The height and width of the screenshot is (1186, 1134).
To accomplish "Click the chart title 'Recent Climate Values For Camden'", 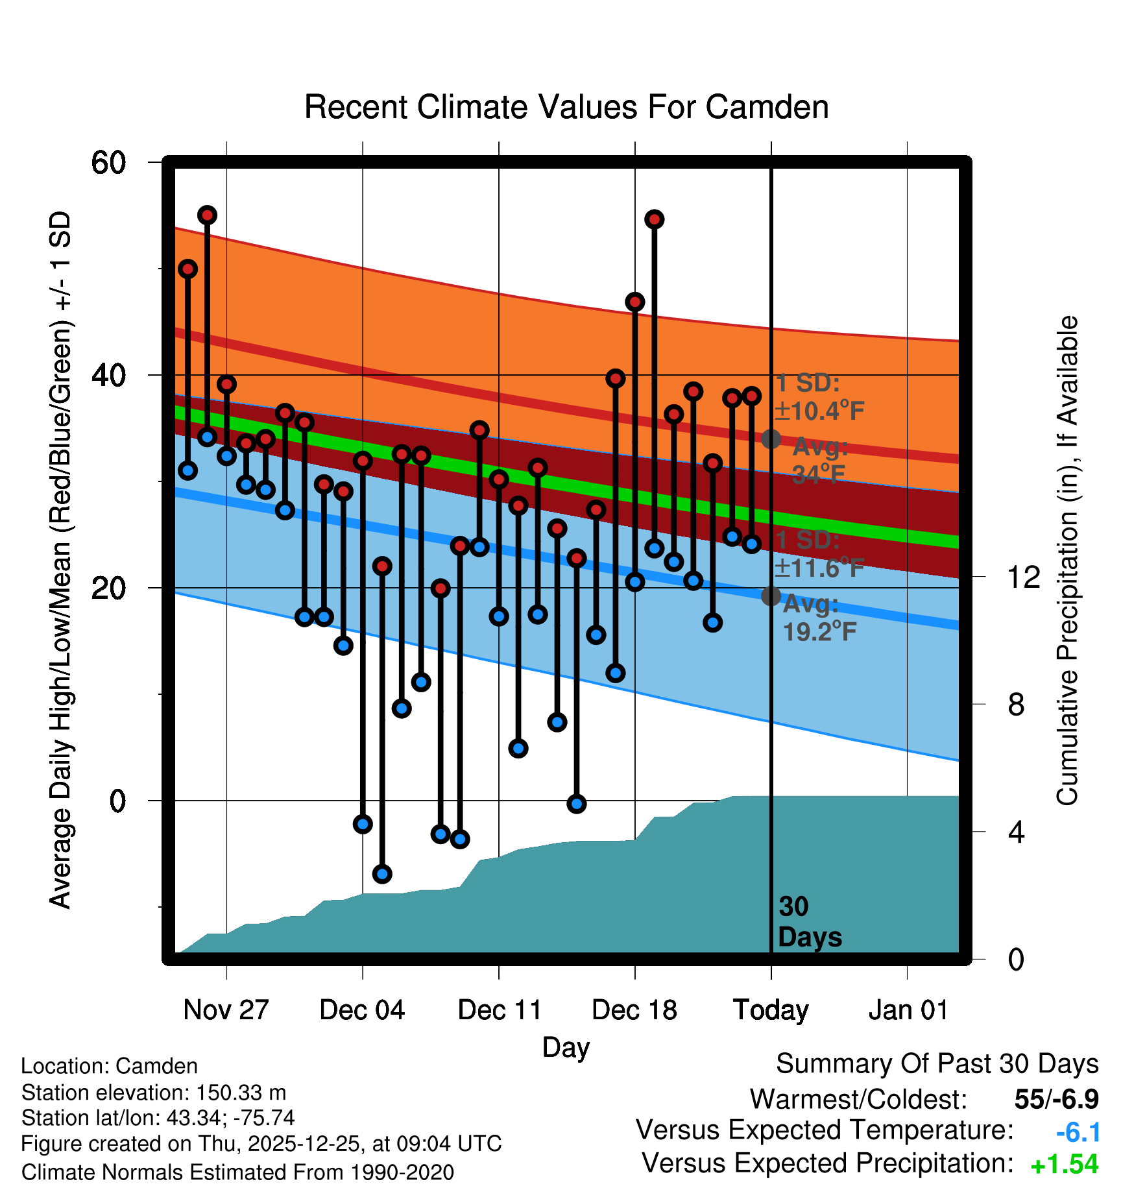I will (566, 108).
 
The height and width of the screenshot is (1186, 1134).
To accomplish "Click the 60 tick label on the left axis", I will (108, 162).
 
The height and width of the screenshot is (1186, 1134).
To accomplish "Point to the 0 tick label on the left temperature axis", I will (117, 801).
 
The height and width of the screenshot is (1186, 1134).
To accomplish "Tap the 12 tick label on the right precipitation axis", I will (1023, 577).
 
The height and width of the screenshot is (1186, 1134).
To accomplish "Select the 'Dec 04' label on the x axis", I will (362, 1010).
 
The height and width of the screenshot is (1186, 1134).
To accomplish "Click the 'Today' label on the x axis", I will (771, 1010).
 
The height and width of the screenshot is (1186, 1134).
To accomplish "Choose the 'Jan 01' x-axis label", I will (908, 1010).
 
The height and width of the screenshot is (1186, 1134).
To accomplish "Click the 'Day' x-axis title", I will (566, 1047).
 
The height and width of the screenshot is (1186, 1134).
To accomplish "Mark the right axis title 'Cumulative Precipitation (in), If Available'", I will (1067, 561).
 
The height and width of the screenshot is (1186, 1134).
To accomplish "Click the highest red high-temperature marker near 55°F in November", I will (207, 215).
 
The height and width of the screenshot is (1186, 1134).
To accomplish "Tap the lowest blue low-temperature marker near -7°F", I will (382, 874).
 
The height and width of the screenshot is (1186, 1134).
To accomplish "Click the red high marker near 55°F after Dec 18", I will (655, 220).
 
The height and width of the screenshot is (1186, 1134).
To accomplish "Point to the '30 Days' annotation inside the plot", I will (810, 922).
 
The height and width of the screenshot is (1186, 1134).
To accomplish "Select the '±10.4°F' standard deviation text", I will (819, 411).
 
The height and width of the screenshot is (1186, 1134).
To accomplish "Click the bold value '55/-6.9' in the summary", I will (1056, 1099).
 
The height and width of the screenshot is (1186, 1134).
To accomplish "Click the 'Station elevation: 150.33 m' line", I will (154, 1093).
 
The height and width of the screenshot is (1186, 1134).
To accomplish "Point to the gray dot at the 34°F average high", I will (771, 439).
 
